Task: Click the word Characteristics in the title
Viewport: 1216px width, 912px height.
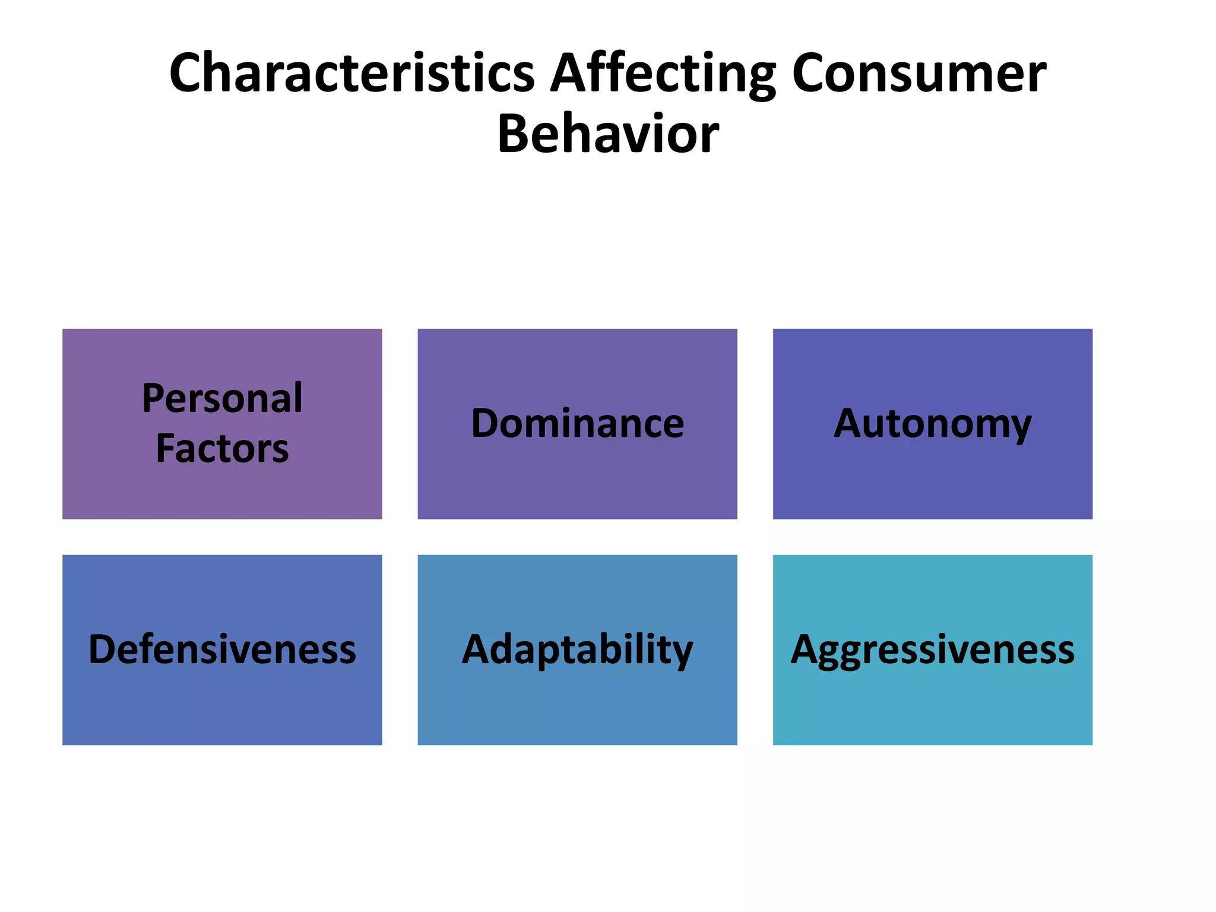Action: click(x=351, y=74)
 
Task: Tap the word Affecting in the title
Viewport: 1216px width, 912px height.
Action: click(x=663, y=74)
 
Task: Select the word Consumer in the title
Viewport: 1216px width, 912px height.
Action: click(x=919, y=74)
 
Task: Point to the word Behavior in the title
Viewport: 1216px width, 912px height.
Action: click(x=608, y=135)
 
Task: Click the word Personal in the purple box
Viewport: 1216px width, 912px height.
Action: click(x=222, y=398)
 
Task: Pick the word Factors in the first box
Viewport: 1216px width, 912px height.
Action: click(x=222, y=449)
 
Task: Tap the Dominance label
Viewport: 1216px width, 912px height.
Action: click(x=577, y=424)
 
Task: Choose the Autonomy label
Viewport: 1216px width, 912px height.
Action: click(x=932, y=424)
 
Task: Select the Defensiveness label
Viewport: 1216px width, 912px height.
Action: click(x=222, y=650)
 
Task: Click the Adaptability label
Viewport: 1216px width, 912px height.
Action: click(x=577, y=650)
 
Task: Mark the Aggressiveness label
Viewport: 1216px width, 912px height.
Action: click(x=932, y=650)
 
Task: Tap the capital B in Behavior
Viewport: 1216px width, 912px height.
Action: click(x=514, y=135)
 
